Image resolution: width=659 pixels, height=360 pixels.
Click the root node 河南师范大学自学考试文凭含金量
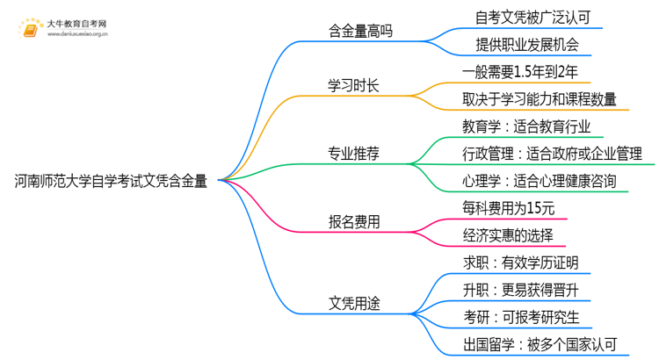click(x=111, y=182)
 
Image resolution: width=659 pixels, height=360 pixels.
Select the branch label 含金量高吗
click(x=355, y=32)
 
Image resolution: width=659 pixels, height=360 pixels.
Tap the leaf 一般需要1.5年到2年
click(x=519, y=71)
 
